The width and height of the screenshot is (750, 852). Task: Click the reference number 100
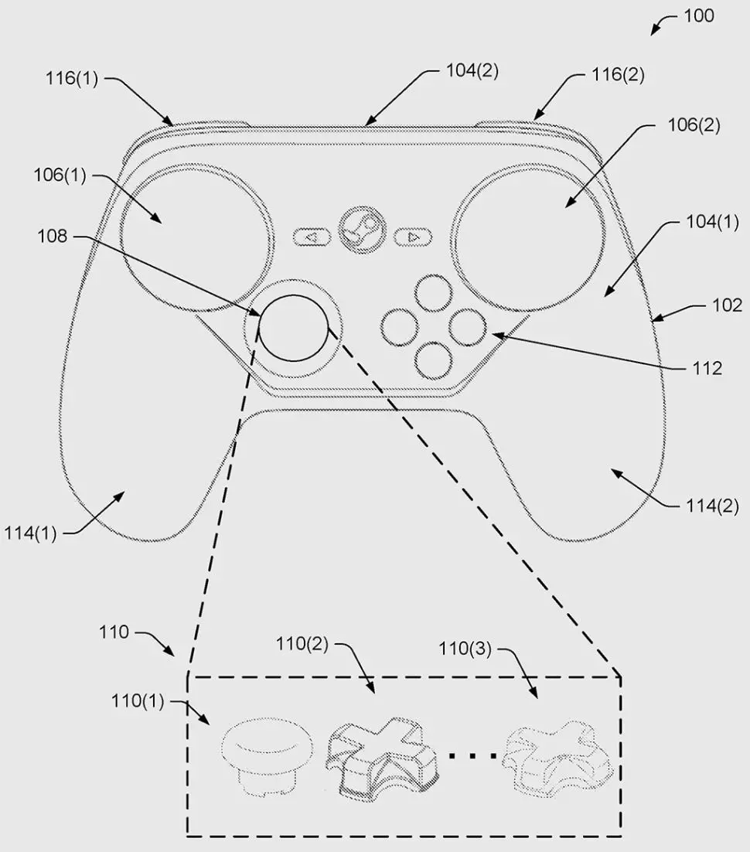698,15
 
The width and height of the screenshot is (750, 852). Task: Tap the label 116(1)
72,79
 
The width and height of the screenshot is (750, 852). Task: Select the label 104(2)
472,70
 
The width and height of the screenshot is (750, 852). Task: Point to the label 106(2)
694,125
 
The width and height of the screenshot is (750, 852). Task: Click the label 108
52,237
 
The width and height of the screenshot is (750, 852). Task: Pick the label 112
707,369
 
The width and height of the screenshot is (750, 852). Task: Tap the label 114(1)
30,533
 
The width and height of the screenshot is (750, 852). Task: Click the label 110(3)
465,649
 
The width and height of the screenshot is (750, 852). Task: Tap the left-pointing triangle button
312,237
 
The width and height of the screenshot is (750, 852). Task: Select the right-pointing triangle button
413,237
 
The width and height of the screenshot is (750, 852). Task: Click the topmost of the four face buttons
433,294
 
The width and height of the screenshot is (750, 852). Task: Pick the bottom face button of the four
433,360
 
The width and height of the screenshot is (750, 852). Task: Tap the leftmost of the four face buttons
400,327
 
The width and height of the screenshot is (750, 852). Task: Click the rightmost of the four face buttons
467,327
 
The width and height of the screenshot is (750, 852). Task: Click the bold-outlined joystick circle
294,328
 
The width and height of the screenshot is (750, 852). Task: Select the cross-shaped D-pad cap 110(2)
382,756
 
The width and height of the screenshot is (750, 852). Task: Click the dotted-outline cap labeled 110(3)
557,758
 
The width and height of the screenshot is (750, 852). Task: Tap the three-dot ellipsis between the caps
472,755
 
